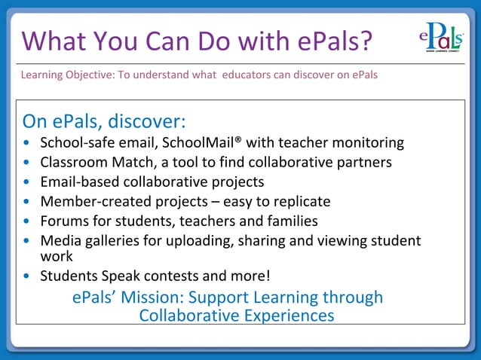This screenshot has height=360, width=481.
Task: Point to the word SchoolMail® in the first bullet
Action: pyautogui.click(x=202, y=142)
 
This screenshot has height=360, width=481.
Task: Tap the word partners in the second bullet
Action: pyautogui.click(x=364, y=162)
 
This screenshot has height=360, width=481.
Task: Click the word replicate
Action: pyautogui.click(x=302, y=202)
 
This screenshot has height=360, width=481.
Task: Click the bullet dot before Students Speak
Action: pyautogui.click(x=28, y=276)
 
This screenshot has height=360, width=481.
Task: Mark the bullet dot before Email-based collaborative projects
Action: pyautogui.click(x=28, y=182)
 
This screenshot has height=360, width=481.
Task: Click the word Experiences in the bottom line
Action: pyautogui.click(x=286, y=315)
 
